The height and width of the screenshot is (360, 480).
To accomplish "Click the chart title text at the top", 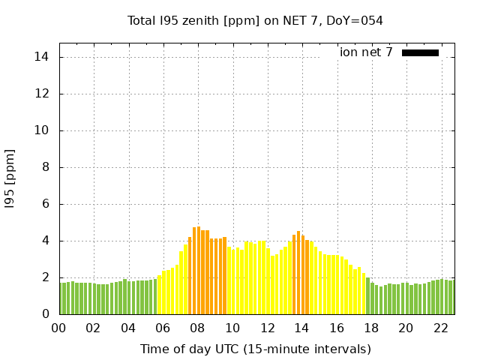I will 255,21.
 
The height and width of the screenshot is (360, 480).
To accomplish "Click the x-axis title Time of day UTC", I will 256,349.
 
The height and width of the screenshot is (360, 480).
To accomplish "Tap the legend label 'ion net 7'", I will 366,52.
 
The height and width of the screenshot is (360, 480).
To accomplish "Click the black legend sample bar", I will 420,52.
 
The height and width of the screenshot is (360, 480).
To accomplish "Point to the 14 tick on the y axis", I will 43,57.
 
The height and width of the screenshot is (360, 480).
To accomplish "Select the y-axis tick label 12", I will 43,94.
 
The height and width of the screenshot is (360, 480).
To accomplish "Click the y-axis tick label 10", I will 43,130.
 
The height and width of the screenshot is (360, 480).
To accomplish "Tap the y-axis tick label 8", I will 46,167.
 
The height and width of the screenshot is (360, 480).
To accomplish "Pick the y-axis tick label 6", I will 46,204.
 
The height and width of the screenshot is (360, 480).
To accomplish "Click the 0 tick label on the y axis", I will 46,314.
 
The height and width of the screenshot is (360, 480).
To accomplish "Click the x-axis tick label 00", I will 58,328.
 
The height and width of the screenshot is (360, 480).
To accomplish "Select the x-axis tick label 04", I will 128,328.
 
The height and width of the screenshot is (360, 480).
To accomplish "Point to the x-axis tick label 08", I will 197,328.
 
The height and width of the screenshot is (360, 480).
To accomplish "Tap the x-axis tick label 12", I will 267,328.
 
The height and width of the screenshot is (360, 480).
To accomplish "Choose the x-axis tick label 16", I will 336,328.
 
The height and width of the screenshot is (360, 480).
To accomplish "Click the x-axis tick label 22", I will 440,328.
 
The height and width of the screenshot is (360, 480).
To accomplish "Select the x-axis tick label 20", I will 406,328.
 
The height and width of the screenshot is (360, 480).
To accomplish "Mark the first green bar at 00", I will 61,298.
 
